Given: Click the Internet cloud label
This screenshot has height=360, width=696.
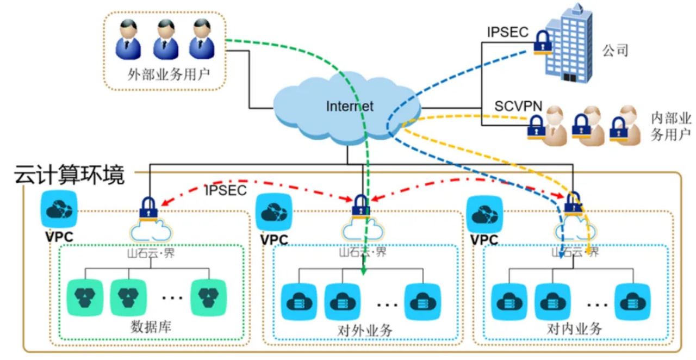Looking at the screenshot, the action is tap(350, 107).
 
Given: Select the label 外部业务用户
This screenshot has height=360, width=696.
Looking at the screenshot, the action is tap(169, 75).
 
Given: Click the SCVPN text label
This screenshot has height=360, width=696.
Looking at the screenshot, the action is tap(518, 107).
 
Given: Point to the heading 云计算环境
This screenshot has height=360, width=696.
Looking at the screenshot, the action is tap(69, 175).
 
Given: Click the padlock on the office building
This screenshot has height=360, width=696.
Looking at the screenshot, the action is tap(542, 42).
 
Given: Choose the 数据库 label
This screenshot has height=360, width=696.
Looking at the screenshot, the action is tap(151, 327).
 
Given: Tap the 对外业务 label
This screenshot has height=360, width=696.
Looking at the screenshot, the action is tap(365, 330).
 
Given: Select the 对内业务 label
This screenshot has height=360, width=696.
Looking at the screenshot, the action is tap(575, 329).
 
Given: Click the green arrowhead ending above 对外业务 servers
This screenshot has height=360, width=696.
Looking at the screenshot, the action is tap(364, 272).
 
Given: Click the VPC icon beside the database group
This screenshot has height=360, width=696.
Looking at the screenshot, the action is tap(59, 209).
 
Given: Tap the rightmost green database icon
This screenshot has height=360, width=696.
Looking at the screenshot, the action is tap(208, 297).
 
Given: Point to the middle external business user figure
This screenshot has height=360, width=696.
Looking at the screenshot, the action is tap(166, 39).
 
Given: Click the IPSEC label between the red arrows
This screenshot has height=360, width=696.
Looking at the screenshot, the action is tap(226, 190).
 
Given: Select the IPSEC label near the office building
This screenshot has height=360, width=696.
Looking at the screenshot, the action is tap(508, 32).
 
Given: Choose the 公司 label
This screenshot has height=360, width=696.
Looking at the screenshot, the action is tap(615, 51).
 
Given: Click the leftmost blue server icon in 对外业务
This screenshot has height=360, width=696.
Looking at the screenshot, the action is tap(299, 302).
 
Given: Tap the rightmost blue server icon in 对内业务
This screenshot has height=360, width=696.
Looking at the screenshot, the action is tap(633, 302).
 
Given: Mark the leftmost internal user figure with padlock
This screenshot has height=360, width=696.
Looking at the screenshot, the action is tap(549, 126).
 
